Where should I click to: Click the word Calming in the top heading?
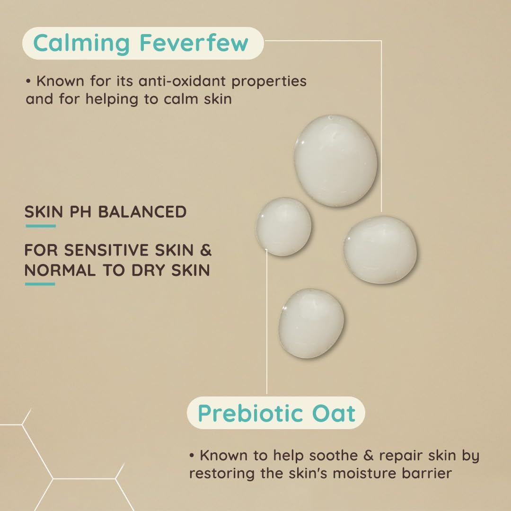(81, 44)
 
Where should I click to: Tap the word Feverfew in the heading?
(194, 43)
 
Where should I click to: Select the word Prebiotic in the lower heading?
(244, 413)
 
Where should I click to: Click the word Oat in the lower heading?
(333, 413)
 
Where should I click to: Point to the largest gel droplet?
(335, 160)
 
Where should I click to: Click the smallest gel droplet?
(284, 227)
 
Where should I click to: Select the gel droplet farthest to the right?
(380, 249)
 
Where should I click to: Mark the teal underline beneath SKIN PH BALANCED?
(40, 226)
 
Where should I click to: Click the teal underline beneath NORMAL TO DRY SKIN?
(40, 284)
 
